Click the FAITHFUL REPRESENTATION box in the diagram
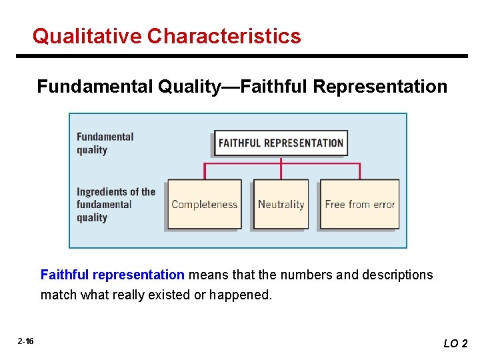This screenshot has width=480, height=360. click(281, 143)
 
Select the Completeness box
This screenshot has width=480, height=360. click(204, 204)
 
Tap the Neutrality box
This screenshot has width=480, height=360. click(281, 204)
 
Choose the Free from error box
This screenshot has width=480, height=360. click(359, 204)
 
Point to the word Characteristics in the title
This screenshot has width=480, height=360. click(224, 36)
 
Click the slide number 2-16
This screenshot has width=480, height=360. click(26, 341)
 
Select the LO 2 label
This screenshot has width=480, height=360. click(455, 343)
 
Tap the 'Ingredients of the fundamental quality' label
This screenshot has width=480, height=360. click(115, 205)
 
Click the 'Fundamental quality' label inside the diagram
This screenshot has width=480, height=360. click(105, 143)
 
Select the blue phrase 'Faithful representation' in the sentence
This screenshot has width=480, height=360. click(112, 275)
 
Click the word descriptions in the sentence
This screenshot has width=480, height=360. click(397, 275)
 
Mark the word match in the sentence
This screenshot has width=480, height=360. click(58, 295)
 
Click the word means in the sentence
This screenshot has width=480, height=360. click(205, 275)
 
